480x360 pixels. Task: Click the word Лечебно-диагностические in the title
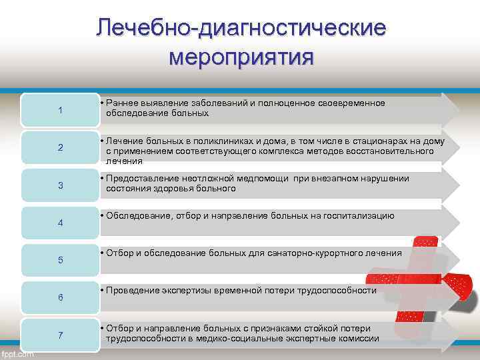click(241, 28)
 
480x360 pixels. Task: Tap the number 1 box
click(60, 110)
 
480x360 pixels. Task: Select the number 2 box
click(60, 147)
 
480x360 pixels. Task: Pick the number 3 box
click(60, 185)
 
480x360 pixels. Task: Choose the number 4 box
click(60, 222)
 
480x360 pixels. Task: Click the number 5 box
click(60, 259)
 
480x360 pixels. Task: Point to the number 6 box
click(60, 297)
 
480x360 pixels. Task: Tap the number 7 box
click(60, 335)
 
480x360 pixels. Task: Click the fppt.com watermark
click(17, 354)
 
